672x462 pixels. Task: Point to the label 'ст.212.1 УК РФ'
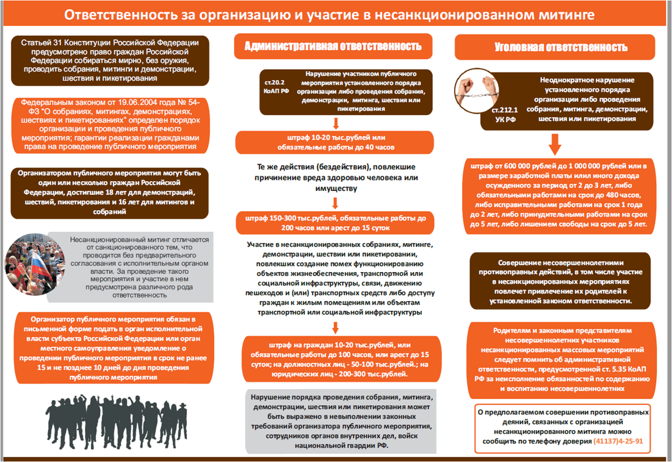505,114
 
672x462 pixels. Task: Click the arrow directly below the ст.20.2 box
336,123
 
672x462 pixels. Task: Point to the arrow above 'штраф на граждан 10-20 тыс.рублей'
335,328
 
